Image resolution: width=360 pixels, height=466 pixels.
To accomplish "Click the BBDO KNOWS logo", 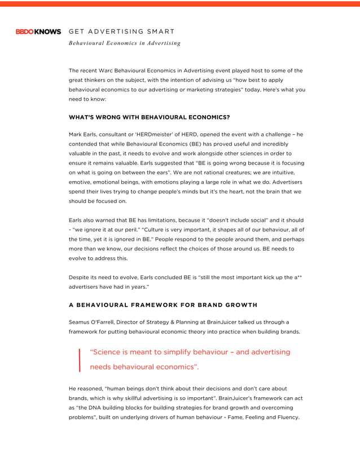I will click(38, 32).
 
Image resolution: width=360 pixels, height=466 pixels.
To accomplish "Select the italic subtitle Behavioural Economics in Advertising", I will click(125, 43).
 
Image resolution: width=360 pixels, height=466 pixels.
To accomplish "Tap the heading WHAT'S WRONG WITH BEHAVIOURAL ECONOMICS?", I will click(149, 117).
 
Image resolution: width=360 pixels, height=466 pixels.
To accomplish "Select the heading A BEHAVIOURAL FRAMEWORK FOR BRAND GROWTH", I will click(163, 305).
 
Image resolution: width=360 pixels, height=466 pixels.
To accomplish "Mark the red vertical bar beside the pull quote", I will click(80, 360).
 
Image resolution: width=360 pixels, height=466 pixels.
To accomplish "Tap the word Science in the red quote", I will click(108, 352).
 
